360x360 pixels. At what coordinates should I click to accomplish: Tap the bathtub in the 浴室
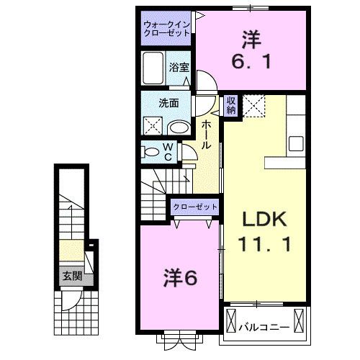[154, 69]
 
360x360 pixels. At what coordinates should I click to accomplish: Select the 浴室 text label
[179, 67]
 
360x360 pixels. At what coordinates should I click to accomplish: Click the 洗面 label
[168, 102]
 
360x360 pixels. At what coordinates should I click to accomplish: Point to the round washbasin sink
[179, 127]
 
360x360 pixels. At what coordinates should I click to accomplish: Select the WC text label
[167, 152]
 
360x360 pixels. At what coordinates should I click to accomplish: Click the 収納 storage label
[230, 106]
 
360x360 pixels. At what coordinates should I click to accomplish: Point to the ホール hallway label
[206, 133]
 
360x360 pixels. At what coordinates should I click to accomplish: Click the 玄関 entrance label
[71, 275]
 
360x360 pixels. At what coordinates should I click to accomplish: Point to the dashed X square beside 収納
[253, 105]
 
